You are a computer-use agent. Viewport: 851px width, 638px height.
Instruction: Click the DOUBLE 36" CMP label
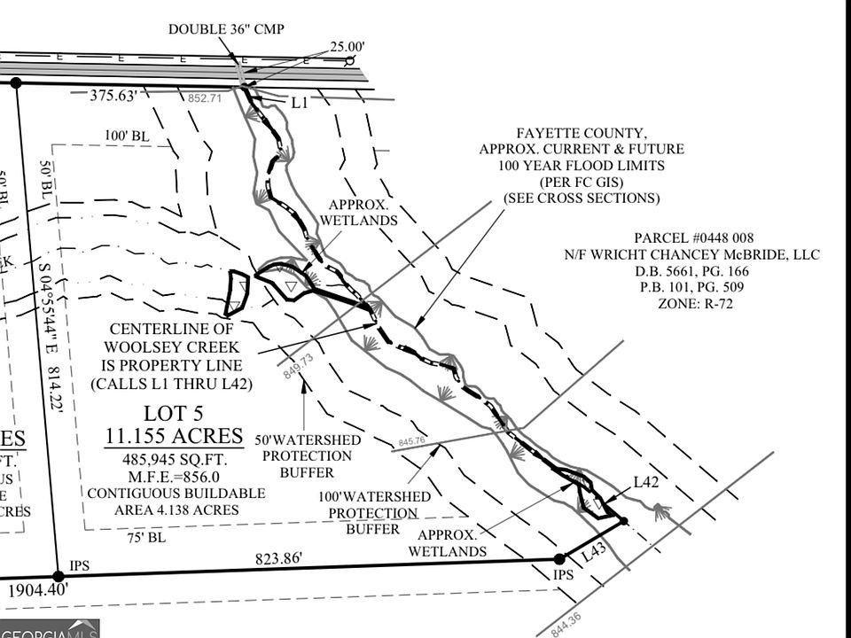[x=226, y=29]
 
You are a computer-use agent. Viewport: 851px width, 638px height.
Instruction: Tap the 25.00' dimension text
[x=347, y=46]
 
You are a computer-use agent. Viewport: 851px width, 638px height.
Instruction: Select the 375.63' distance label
[x=117, y=96]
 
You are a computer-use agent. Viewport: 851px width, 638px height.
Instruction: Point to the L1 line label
[x=300, y=103]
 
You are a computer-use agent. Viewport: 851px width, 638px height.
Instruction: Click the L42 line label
[x=645, y=482]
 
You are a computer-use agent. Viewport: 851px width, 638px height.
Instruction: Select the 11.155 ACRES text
[x=174, y=436]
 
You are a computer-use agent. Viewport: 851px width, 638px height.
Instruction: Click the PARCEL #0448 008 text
[x=694, y=238]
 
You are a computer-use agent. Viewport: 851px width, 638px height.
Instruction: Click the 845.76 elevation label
[x=412, y=440]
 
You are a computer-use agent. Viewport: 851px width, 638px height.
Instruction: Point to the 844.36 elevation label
[x=566, y=619]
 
